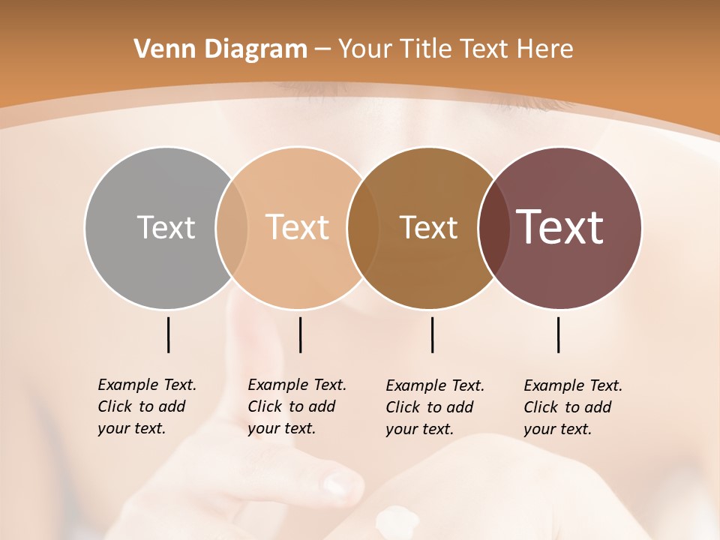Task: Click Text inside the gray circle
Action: [166, 227]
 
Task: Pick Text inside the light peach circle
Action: [298, 227]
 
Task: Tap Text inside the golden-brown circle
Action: [429, 227]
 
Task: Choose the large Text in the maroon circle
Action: [560, 227]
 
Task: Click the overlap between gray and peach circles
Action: [232, 228]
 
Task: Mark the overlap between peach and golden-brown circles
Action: [363, 228]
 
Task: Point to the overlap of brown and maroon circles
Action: [493, 228]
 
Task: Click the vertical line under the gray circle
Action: [168, 334]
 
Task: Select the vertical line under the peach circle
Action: [300, 334]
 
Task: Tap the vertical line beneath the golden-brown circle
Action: [432, 334]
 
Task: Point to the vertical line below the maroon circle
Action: [558, 334]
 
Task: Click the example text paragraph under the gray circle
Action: [147, 406]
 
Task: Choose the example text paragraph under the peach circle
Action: [297, 406]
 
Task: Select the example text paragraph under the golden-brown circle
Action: [435, 407]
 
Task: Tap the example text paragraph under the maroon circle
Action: [573, 407]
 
